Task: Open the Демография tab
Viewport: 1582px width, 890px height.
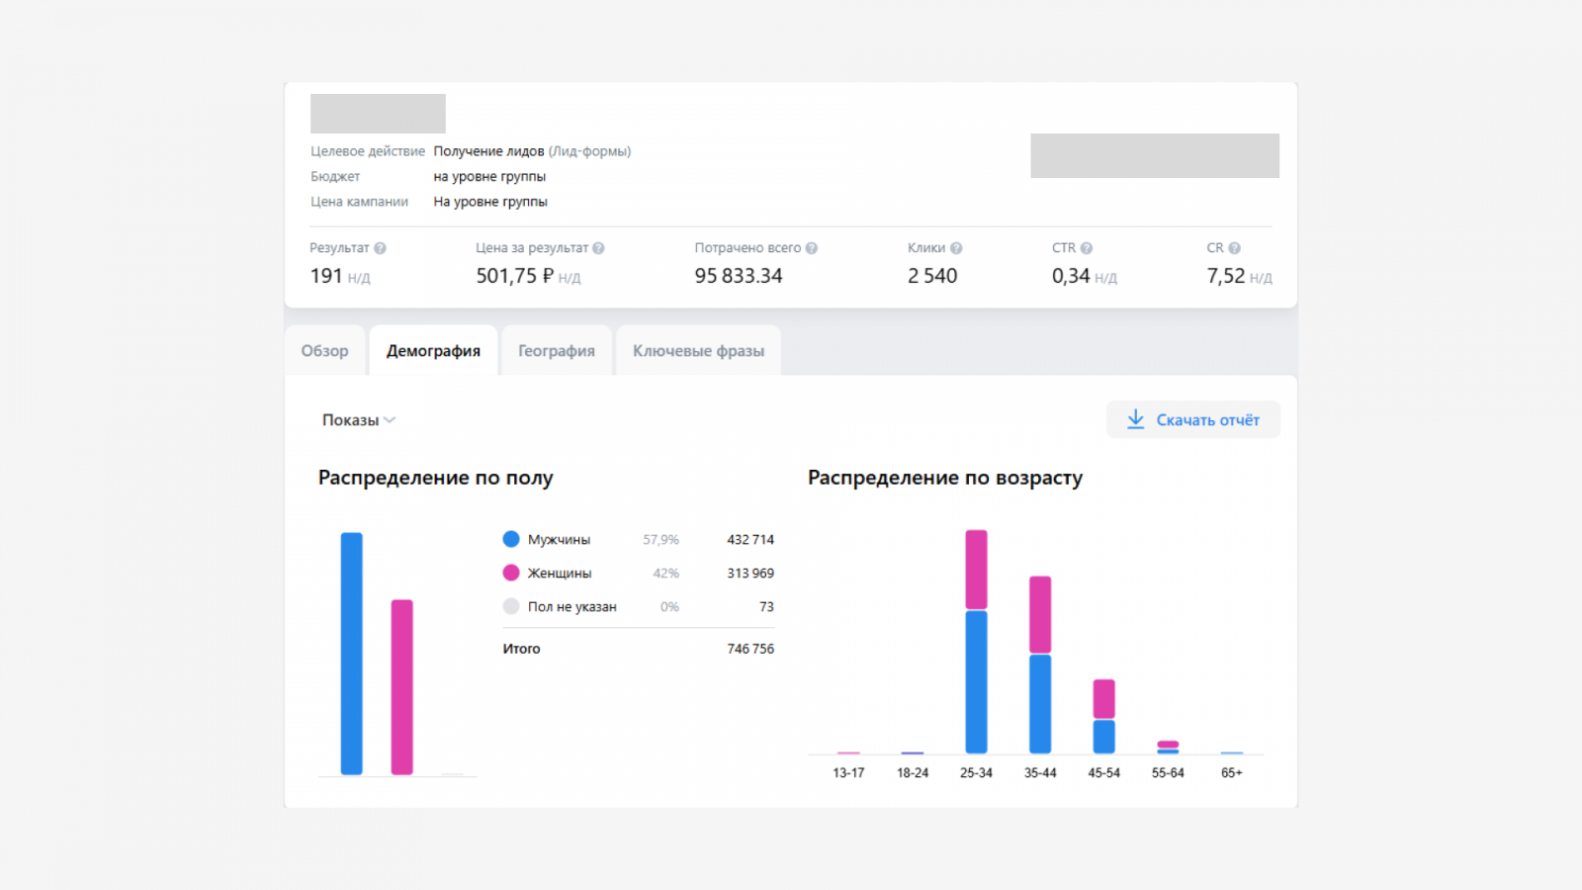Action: tap(433, 351)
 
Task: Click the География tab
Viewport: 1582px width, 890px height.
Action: tap(557, 351)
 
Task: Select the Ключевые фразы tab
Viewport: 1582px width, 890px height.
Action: tap(698, 351)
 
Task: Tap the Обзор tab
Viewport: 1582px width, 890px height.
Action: tap(324, 351)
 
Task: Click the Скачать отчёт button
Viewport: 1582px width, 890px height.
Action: tap(1193, 419)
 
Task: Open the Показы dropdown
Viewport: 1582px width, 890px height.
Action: tap(358, 420)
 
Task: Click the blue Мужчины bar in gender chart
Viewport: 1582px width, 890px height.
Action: tap(351, 653)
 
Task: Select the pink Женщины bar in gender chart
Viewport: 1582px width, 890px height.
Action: tap(401, 686)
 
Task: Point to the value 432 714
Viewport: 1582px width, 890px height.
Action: tap(750, 540)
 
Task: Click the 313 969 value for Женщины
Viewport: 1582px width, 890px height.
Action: tap(750, 574)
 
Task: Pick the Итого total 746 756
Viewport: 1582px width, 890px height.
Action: tap(750, 649)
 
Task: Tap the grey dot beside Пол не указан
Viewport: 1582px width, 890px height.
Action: tap(511, 606)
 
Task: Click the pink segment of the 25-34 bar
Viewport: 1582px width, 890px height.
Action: tap(976, 570)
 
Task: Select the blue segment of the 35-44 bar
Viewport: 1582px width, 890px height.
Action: tap(1040, 703)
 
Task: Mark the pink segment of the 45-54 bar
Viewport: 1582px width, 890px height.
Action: tap(1103, 699)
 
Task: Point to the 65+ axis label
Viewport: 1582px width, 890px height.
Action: tap(1231, 773)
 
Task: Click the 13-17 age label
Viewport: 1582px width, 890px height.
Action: tap(848, 773)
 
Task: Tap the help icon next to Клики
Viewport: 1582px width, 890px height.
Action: tap(956, 248)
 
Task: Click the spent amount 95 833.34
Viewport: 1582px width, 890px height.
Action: tap(738, 276)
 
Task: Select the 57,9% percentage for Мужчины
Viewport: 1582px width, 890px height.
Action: tap(660, 540)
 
